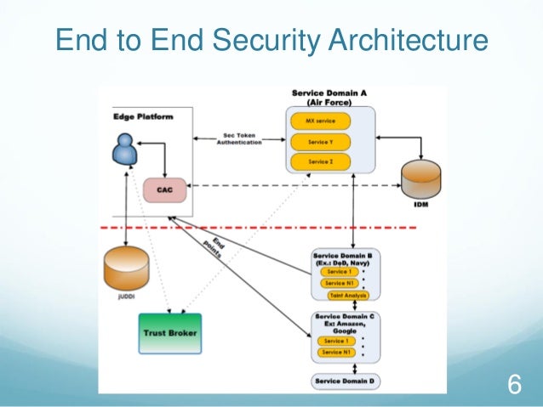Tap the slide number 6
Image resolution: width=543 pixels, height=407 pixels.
(x=513, y=383)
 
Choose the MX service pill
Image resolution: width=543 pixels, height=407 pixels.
(x=320, y=122)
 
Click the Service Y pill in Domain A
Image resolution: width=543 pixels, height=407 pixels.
(x=320, y=141)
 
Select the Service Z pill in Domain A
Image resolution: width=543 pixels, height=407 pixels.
(x=320, y=161)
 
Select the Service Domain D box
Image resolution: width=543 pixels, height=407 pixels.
(x=346, y=381)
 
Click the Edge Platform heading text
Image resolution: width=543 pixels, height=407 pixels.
(x=143, y=116)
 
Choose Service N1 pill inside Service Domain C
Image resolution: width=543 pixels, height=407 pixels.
(x=335, y=352)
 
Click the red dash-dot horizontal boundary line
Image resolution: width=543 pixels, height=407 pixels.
(x=255, y=228)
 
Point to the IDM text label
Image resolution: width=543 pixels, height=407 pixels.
(x=418, y=206)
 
